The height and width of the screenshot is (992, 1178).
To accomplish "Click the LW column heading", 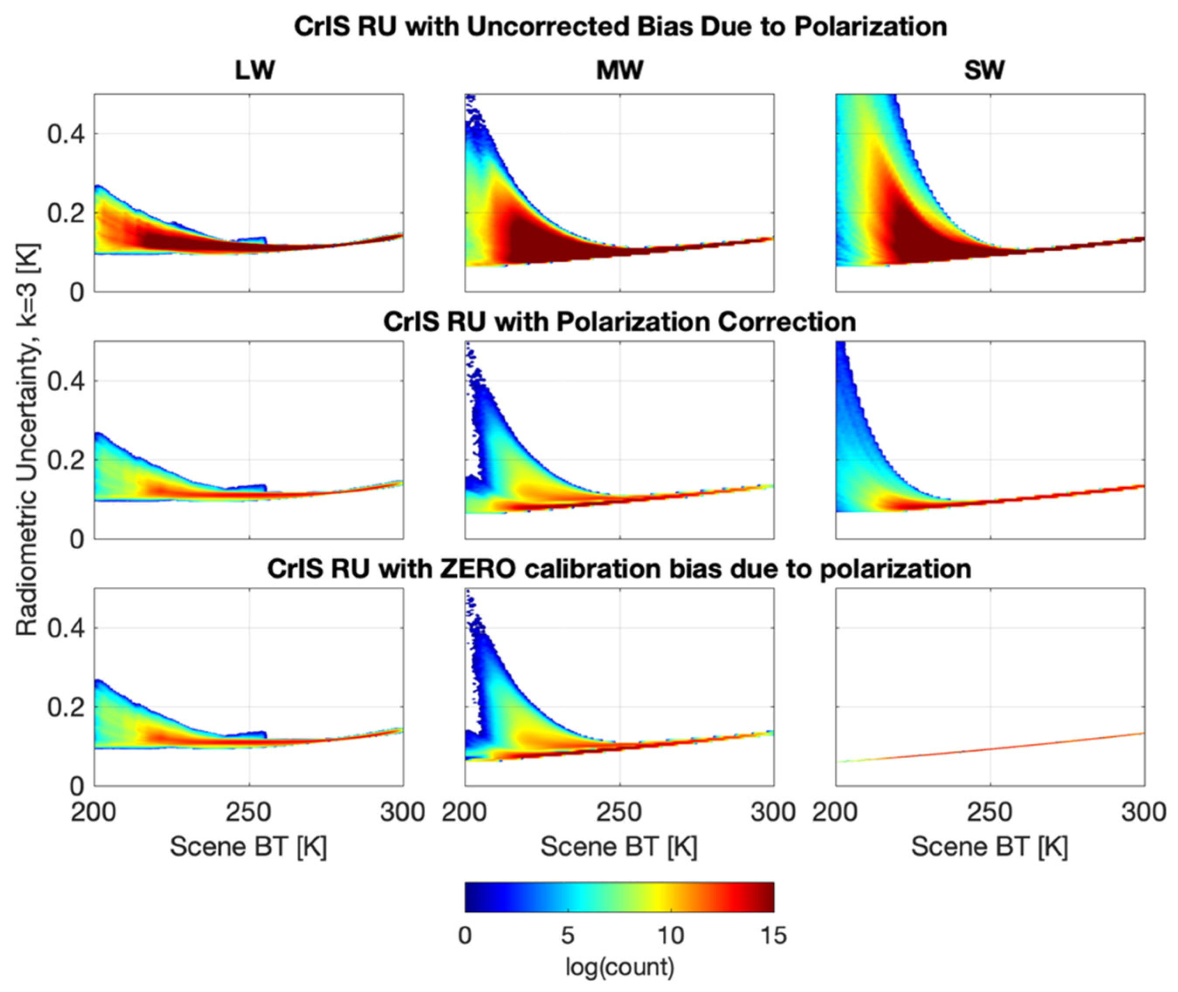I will click(x=255, y=70).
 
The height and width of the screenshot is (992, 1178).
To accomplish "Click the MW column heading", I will click(x=619, y=70).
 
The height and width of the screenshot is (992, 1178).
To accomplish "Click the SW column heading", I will click(x=984, y=70).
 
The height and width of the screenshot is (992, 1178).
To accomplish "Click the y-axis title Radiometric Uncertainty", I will click(x=27, y=439).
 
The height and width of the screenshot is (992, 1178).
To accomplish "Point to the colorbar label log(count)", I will click(x=619, y=966).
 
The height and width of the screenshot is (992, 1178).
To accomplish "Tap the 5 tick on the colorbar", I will click(x=567, y=935).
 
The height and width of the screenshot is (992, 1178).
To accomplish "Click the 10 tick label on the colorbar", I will click(x=670, y=935).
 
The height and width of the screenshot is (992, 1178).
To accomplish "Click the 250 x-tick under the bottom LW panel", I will click(x=249, y=812).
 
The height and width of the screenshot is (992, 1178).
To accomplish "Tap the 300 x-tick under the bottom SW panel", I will click(x=1143, y=812).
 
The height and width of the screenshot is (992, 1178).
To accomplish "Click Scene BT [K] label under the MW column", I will click(x=619, y=846).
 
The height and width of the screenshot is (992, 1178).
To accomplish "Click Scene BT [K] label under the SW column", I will click(x=989, y=846).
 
